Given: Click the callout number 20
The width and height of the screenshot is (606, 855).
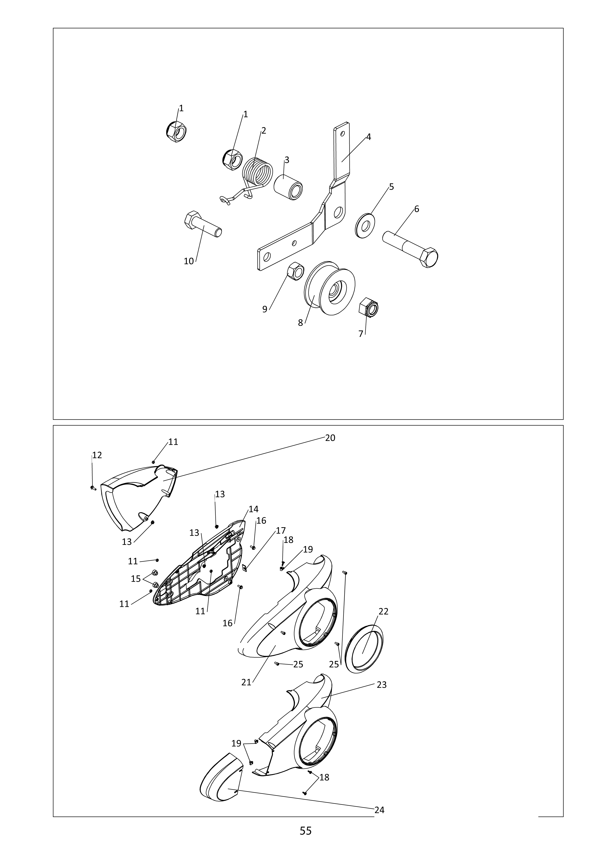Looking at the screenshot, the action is click(x=330, y=438).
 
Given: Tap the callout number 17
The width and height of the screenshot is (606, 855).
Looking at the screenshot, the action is click(x=281, y=530).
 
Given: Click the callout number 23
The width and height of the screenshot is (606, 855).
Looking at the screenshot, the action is click(x=382, y=685).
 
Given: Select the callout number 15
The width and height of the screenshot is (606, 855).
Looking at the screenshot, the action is click(x=136, y=579).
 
